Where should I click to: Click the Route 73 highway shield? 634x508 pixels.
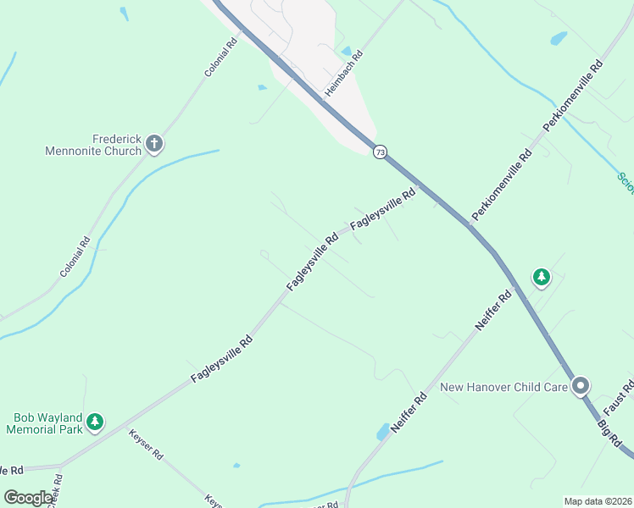380,152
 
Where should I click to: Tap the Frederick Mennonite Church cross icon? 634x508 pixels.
154,144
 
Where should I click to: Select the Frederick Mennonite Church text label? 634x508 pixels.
94,145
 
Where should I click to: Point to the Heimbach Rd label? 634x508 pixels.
346,72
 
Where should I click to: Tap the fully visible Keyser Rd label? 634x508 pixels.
146,444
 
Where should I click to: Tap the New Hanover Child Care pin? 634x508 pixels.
581,386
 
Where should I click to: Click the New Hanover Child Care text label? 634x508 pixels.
504,387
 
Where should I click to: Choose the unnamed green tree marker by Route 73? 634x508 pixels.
541,277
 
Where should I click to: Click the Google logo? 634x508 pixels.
28,498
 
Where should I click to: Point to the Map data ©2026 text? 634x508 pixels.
598,501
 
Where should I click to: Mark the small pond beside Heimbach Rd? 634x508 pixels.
346,52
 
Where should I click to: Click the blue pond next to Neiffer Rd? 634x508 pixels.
383,432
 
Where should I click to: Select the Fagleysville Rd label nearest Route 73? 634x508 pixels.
384,207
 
